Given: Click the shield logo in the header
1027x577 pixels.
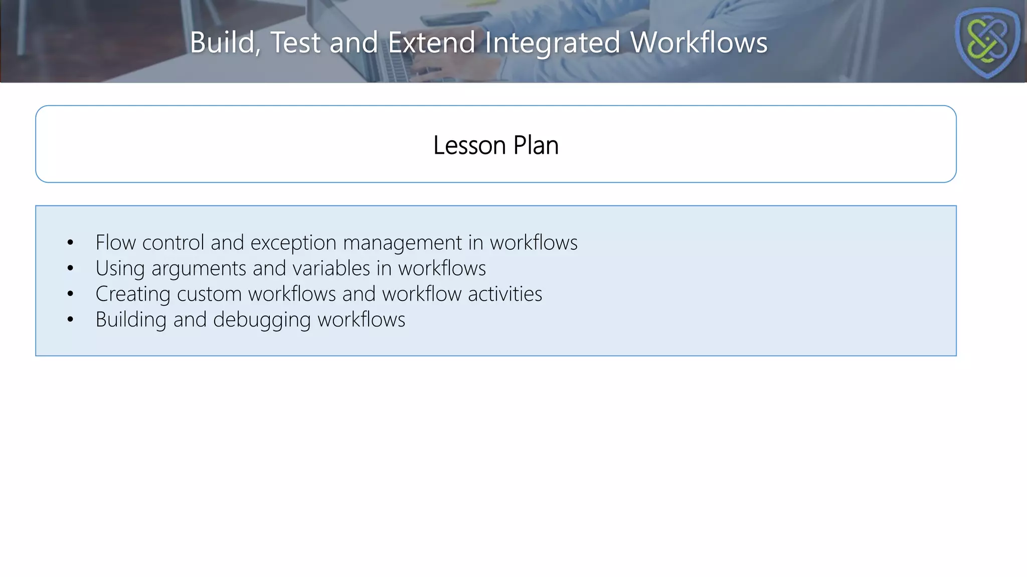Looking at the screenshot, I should click(987, 42).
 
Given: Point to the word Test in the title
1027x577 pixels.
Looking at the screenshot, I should click(295, 43).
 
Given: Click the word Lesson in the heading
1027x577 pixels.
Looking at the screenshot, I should click(469, 146).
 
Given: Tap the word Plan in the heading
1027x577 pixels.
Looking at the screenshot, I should click(536, 146).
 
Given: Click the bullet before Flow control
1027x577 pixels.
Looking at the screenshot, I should click(70, 243).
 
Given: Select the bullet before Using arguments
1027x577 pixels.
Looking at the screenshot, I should click(70, 269).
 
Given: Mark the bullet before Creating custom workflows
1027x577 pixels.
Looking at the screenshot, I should click(70, 295).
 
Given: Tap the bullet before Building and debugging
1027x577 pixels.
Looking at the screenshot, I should click(70, 320).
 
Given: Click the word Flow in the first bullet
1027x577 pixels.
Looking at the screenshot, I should click(116, 243).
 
